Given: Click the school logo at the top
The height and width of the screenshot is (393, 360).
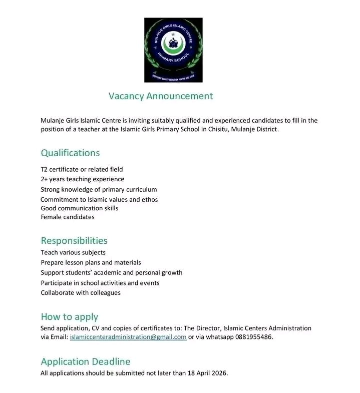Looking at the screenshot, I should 173,50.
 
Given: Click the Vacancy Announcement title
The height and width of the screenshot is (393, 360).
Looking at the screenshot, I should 161,96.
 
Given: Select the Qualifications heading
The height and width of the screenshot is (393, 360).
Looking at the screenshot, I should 70,153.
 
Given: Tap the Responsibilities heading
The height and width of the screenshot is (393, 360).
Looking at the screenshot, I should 74,241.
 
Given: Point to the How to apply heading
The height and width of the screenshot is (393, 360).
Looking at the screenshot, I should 69,317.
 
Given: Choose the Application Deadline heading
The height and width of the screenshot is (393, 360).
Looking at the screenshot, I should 86,361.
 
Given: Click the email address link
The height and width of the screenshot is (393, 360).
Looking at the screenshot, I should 128,337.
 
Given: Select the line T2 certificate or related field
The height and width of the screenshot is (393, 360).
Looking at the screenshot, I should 82,170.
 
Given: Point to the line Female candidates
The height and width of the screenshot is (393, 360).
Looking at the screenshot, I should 68,217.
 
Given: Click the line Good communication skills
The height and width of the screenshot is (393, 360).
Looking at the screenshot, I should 80,208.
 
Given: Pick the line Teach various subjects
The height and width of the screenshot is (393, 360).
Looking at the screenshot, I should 73,253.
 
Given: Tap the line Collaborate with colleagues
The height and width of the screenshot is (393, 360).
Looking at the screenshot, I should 81,293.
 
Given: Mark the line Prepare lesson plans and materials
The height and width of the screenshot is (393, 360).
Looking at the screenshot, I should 91,263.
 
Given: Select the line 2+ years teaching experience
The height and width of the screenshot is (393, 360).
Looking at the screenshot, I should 83,179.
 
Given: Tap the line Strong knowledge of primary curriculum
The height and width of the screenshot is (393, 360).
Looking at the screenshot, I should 99,190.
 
